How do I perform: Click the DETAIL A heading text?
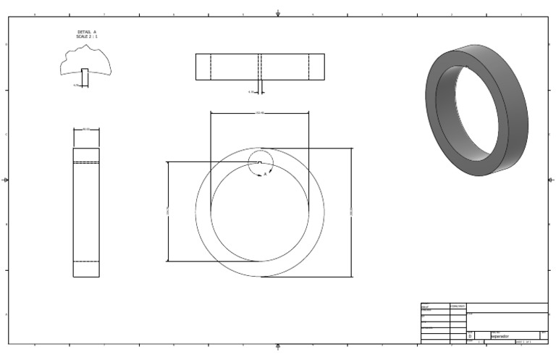86,32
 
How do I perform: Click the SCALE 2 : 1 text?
86,36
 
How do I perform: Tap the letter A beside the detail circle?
265,175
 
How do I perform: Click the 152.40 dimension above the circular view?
260,112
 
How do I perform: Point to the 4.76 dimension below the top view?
251,92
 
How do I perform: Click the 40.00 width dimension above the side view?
86,129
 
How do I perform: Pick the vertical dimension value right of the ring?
352,212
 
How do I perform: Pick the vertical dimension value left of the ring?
167,212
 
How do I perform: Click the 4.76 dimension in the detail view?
76,85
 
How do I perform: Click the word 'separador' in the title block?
500,336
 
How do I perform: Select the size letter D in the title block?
471,336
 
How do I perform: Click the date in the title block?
458,306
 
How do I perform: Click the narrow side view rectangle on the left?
86,212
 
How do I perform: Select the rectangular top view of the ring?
260,67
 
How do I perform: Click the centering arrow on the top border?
278,13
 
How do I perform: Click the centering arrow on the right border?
551,180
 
